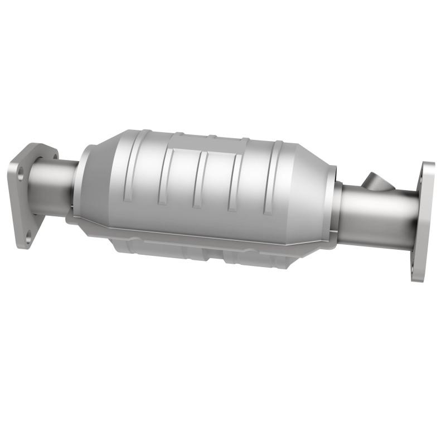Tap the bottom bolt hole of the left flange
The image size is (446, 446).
(x=28, y=238)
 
